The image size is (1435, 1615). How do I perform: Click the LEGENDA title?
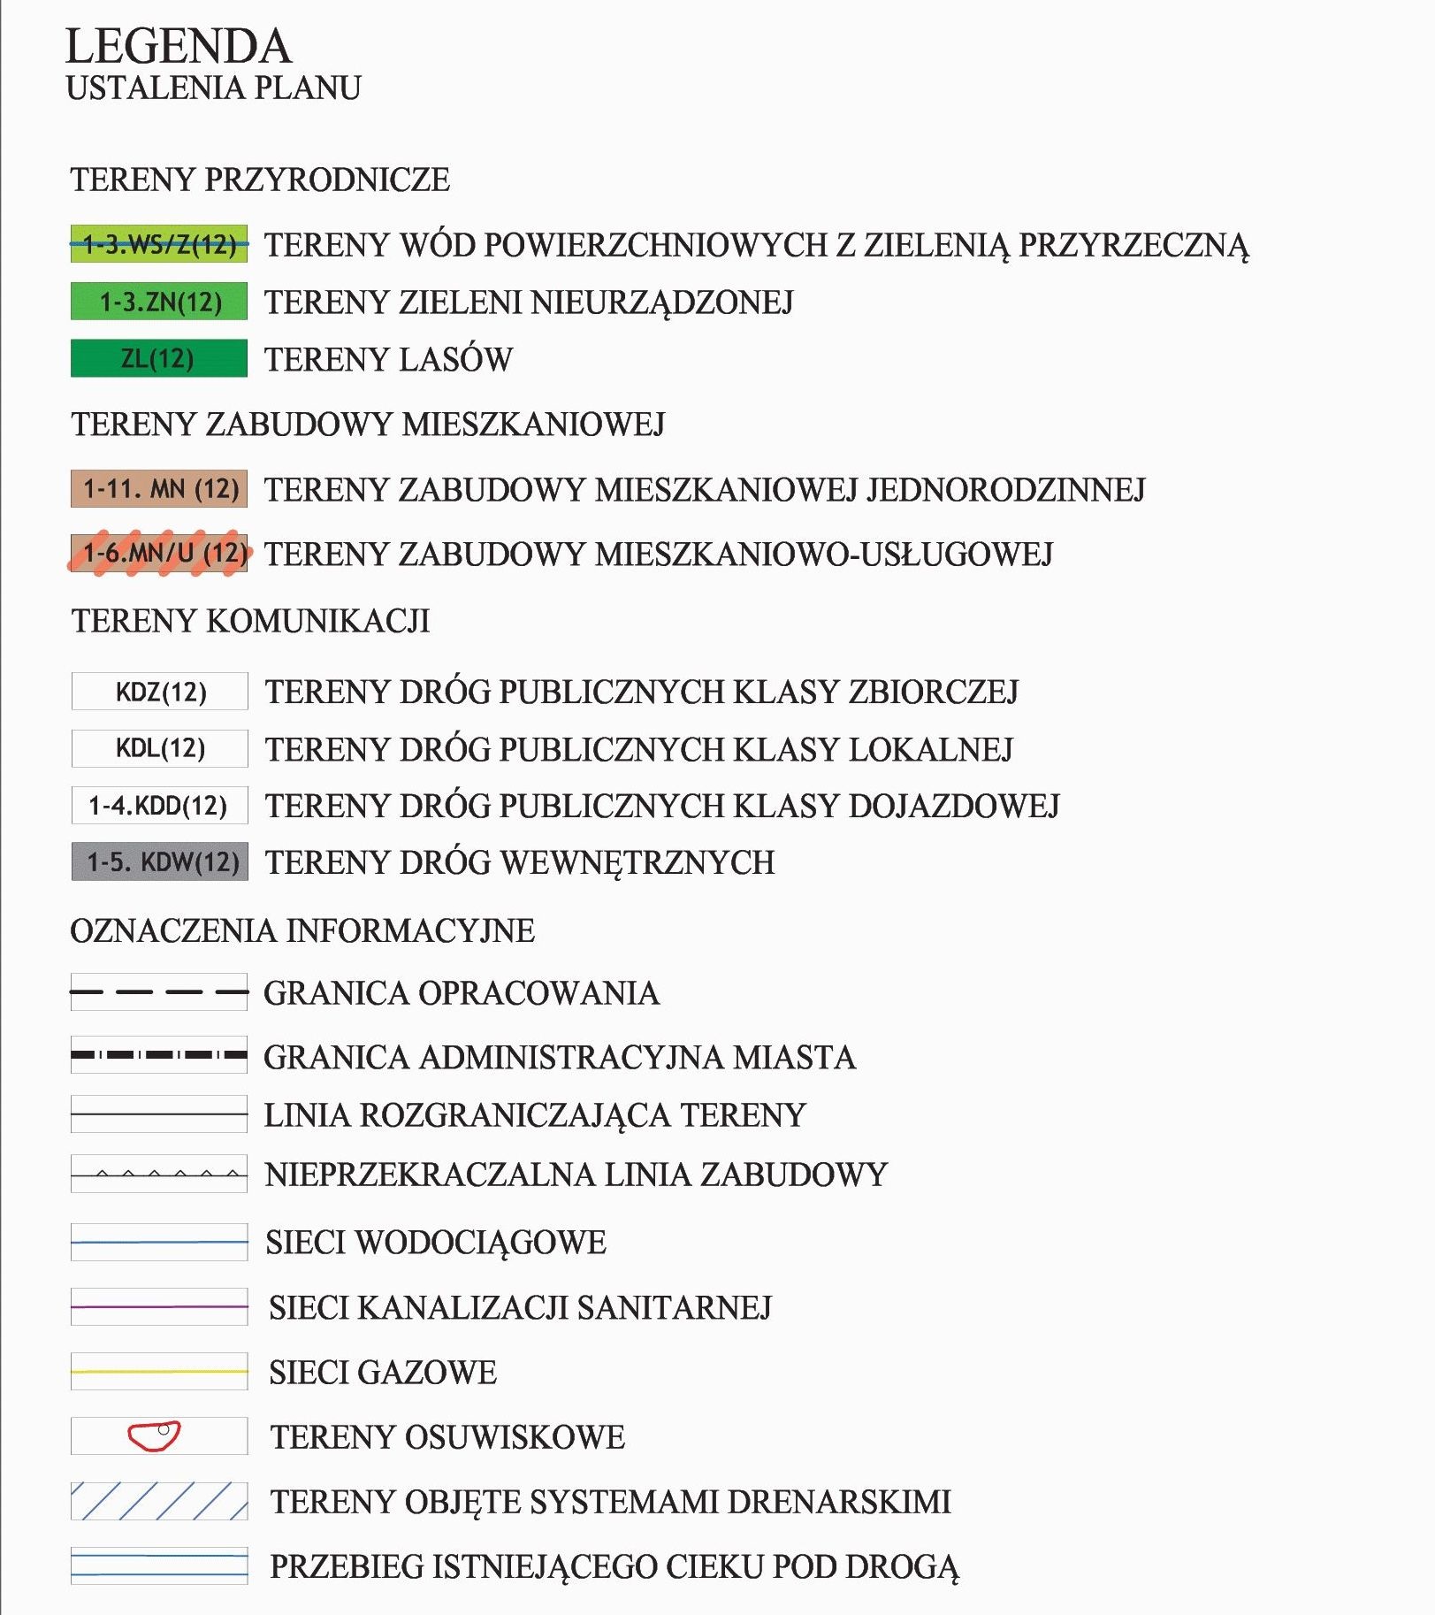[x=178, y=47]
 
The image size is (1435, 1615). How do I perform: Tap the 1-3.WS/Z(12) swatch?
[x=159, y=244]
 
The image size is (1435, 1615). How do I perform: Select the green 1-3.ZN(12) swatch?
[x=159, y=302]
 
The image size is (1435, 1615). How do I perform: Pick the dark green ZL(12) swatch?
[x=159, y=359]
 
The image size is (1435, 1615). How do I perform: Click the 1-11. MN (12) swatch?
[x=159, y=489]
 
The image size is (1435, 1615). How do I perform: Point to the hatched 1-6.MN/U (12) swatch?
[x=159, y=554]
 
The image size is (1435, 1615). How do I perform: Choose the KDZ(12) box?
[x=159, y=692]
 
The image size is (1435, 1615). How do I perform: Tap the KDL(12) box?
[x=159, y=749]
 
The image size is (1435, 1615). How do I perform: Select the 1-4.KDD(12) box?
[x=159, y=806]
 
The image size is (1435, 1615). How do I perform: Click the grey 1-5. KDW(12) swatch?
[x=159, y=862]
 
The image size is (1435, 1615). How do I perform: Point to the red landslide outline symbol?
[x=154, y=1436]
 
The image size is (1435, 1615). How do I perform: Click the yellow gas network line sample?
[x=159, y=1372]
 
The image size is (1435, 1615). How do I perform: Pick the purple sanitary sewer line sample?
[x=159, y=1306]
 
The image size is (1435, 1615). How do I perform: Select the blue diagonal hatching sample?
[x=159, y=1501]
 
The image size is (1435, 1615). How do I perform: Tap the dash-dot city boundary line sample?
[x=159, y=1055]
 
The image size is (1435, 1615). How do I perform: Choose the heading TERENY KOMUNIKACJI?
[x=250, y=621]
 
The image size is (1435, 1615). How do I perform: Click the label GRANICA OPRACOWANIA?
[x=462, y=993]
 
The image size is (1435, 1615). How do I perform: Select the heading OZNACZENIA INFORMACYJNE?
[x=302, y=930]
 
